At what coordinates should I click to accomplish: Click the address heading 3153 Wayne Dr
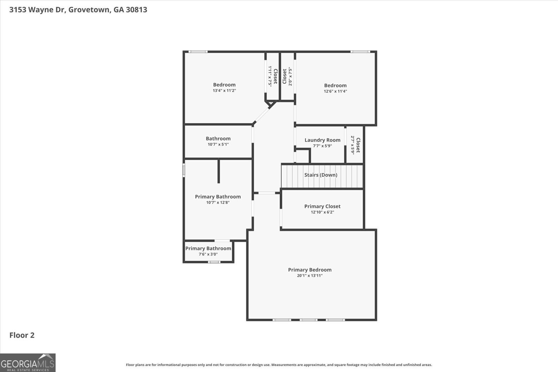(78, 9)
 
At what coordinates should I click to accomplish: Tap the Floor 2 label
(22, 335)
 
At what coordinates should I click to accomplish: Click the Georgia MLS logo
(28, 363)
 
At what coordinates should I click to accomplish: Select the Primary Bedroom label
(310, 270)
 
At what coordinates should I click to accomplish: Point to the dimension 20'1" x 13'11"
(310, 276)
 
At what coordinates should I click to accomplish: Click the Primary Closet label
(322, 206)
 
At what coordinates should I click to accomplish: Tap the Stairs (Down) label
(321, 175)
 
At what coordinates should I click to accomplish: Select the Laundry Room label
(322, 140)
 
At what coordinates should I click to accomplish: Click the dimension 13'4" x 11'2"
(224, 91)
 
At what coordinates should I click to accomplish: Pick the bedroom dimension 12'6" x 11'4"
(335, 91)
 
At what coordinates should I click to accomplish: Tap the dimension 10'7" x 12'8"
(218, 202)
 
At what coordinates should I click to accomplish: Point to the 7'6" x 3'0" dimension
(208, 254)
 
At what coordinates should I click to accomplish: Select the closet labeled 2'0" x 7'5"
(287, 76)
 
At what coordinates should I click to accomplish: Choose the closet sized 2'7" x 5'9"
(355, 145)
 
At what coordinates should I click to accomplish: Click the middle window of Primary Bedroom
(308, 320)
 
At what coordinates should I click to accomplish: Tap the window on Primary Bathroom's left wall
(184, 171)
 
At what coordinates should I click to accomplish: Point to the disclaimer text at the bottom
(279, 365)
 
